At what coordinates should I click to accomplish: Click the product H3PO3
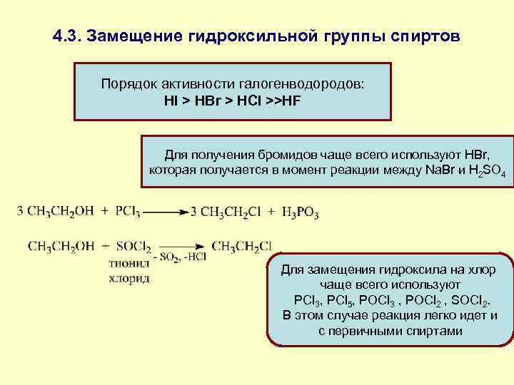pos(300,212)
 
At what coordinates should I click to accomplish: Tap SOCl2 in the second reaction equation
pos(133,247)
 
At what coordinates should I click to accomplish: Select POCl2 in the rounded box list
pos(423,300)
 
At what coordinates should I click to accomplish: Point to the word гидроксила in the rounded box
pos(389,270)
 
